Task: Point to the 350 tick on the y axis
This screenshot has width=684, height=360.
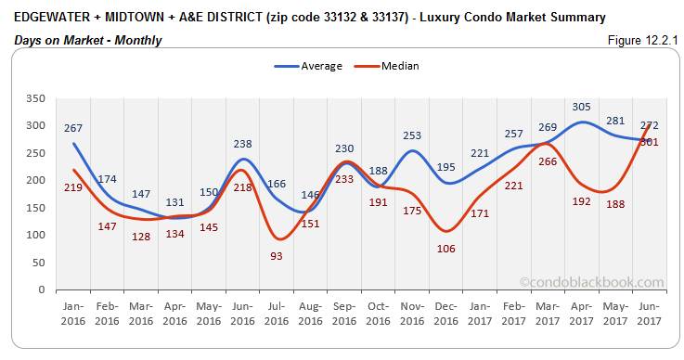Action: coord(34,98)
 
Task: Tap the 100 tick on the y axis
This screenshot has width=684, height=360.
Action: coord(34,235)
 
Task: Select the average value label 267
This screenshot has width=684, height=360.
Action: coord(74,128)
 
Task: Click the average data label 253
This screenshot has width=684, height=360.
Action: coord(413,135)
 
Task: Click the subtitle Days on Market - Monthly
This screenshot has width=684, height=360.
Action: coord(88,40)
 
